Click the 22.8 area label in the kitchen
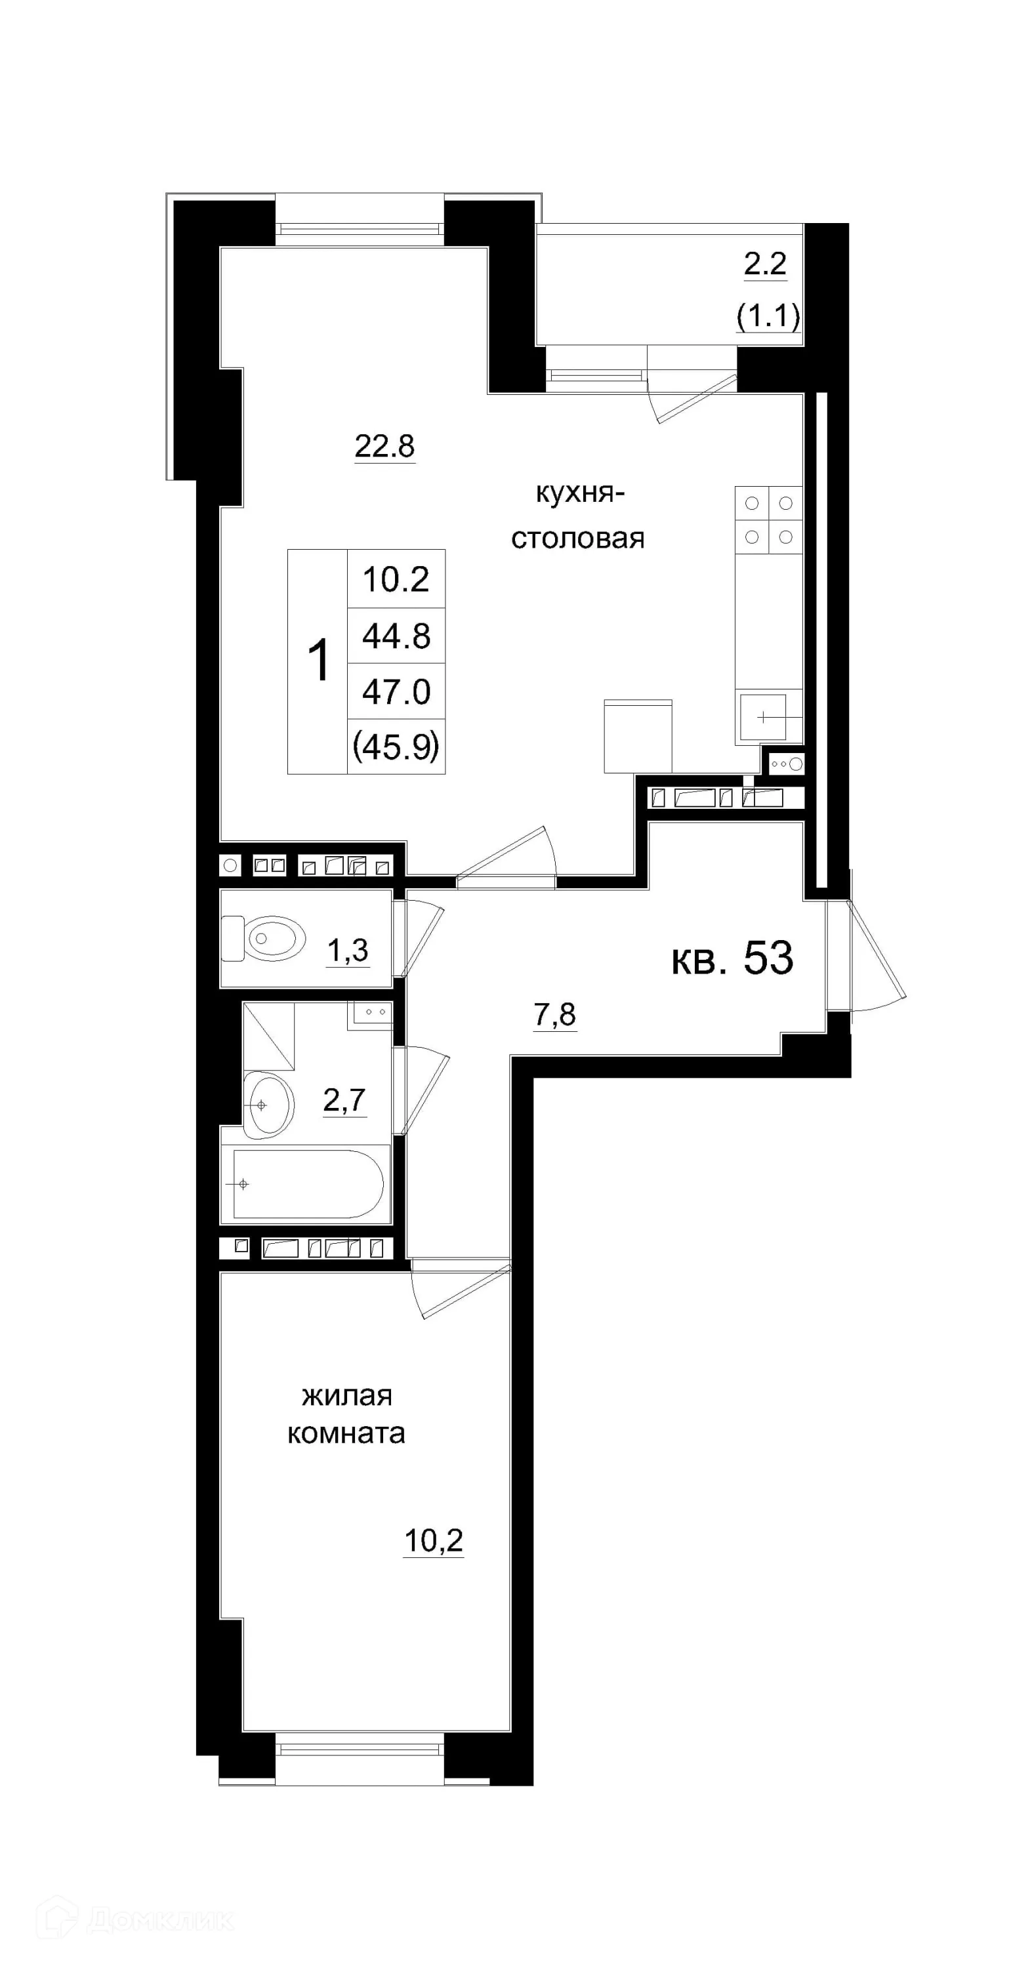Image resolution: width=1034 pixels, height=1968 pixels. click(384, 445)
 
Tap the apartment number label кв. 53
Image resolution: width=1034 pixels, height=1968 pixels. click(732, 958)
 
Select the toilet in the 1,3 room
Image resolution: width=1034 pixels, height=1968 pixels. click(264, 937)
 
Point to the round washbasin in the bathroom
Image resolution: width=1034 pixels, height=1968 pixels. click(268, 1105)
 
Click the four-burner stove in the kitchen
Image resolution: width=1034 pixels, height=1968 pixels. click(768, 520)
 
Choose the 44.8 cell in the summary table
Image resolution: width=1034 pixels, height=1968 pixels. click(396, 636)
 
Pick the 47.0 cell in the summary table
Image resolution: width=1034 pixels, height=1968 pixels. click(396, 691)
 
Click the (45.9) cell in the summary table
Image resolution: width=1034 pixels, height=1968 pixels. click(396, 747)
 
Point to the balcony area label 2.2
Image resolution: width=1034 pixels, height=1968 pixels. click(765, 264)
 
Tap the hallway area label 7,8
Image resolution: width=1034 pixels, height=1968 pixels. click(555, 1015)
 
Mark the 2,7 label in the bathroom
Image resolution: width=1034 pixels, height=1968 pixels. click(344, 1100)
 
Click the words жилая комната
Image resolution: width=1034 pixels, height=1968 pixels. click(346, 1414)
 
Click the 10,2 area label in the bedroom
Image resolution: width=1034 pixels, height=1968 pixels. click(433, 1540)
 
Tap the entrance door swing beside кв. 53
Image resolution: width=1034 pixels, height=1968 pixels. click(875, 955)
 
